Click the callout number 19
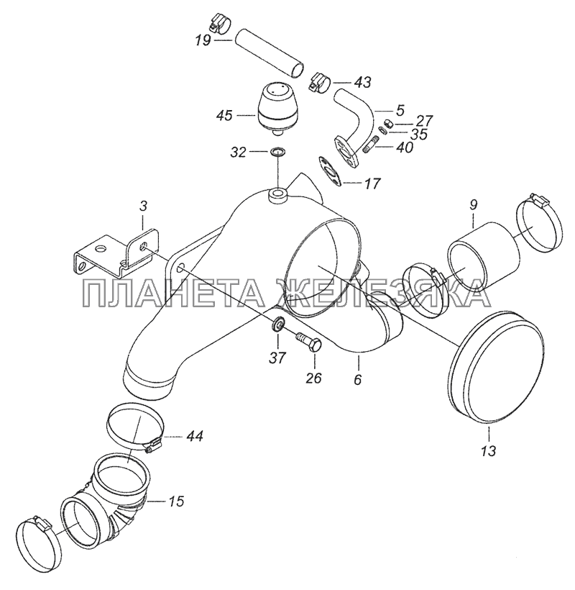click(x=203, y=40)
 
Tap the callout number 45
click(x=224, y=116)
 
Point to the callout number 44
click(x=194, y=436)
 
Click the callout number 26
click(x=314, y=378)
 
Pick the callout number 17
click(x=372, y=183)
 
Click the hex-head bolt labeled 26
click(x=310, y=341)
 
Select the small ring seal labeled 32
click(x=277, y=152)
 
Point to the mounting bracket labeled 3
click(x=116, y=252)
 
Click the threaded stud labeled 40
click(x=372, y=145)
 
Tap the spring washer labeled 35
click(x=383, y=130)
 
